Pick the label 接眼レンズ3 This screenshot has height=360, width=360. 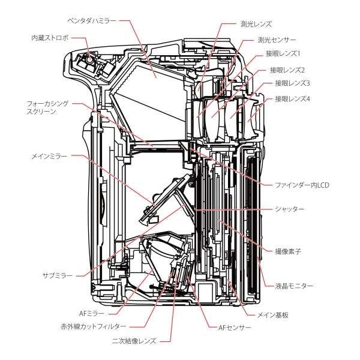(x=292, y=83)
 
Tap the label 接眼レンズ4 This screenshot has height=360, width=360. (x=292, y=98)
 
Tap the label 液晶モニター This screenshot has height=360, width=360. (x=294, y=286)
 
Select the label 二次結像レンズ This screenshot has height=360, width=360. (x=134, y=341)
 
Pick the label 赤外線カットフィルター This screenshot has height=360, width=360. (x=93, y=326)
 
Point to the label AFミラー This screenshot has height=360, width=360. (x=93, y=312)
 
